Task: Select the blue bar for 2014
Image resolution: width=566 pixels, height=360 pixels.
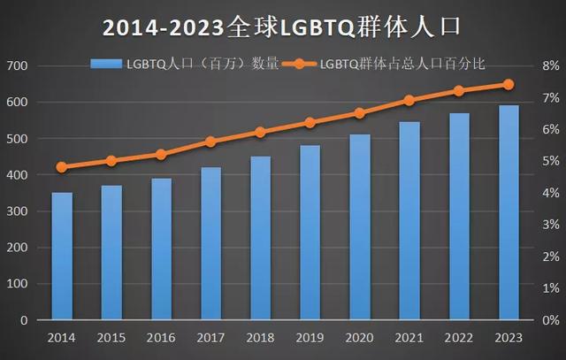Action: (62, 256)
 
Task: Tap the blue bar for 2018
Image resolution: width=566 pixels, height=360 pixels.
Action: (260, 238)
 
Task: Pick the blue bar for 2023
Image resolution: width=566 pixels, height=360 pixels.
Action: (509, 212)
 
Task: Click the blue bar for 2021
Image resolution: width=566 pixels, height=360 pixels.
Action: (409, 220)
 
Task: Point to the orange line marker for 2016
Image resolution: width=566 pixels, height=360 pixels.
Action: (161, 154)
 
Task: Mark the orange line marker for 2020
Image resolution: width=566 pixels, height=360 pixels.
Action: (360, 113)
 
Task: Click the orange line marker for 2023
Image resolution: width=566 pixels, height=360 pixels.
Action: (509, 85)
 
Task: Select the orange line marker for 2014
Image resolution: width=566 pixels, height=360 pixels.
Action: (62, 167)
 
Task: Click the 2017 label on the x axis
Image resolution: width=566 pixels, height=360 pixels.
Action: (210, 337)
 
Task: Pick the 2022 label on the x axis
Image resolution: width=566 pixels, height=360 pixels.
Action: (459, 337)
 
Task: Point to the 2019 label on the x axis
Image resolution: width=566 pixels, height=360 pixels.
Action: (310, 337)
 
